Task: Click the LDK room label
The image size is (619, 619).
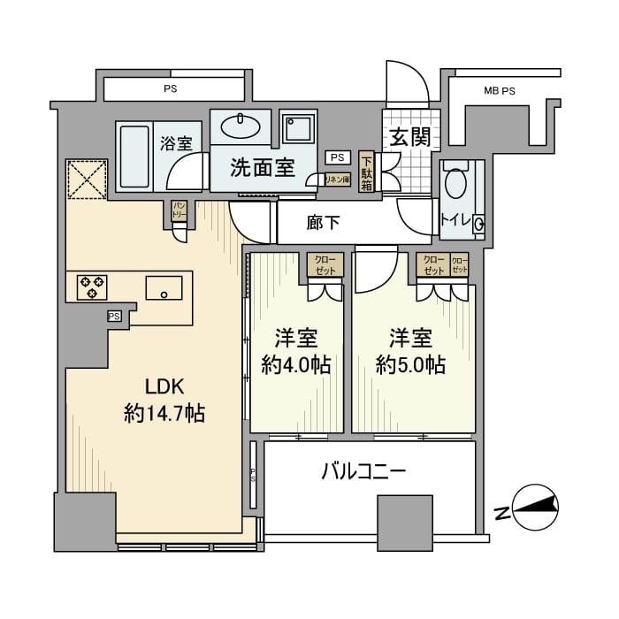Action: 164,386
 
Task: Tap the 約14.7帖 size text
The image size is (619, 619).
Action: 164,412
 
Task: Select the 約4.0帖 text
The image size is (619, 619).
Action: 295,364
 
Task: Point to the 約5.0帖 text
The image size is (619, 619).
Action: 409,364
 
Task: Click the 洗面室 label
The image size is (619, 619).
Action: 263,169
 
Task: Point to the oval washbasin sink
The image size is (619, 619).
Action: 238,126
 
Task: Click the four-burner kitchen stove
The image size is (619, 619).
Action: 91,287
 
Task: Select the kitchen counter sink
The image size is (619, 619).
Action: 164,287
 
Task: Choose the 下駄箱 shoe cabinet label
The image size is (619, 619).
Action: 367,171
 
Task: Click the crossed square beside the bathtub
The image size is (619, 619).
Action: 87,180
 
